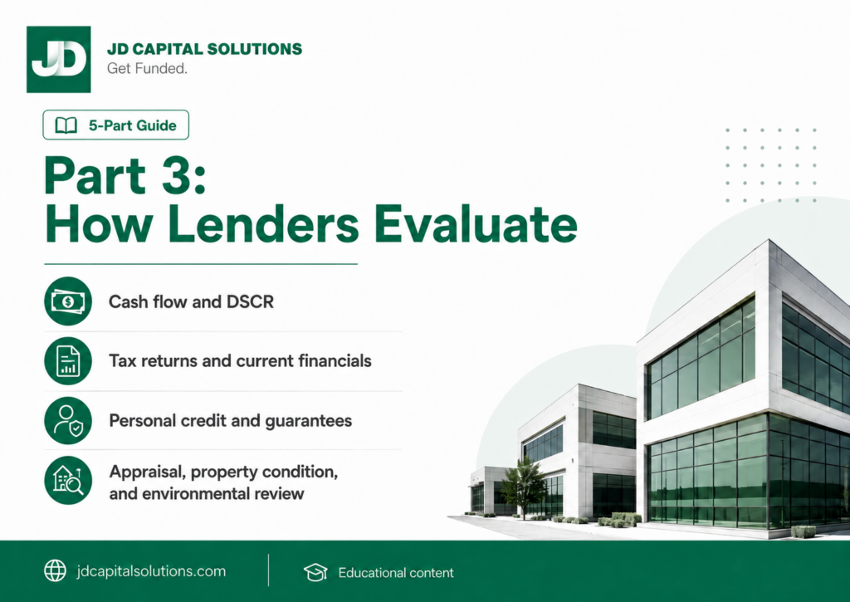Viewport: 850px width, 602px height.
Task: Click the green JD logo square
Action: [x=59, y=59]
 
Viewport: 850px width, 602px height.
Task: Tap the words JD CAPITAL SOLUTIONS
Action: [x=204, y=49]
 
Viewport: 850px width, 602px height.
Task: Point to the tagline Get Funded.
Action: [x=147, y=68]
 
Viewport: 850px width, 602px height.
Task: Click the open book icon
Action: [x=66, y=125]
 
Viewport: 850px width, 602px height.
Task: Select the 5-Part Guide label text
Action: [x=133, y=125]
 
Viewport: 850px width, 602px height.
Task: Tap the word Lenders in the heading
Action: [x=263, y=224]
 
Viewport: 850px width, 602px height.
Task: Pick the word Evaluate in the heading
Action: [x=476, y=224]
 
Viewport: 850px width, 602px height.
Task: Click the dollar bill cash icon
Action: [x=68, y=301]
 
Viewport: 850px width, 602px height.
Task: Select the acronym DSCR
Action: [x=250, y=301]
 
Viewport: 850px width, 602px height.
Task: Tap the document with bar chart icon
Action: [x=68, y=360]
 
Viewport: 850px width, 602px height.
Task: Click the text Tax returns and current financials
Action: [x=240, y=360]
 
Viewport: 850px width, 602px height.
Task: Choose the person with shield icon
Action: [x=68, y=420]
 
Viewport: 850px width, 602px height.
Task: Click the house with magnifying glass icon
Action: [x=68, y=480]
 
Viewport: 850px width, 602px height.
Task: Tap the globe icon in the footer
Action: [x=55, y=570]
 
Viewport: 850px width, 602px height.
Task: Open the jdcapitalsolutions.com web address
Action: [x=151, y=571]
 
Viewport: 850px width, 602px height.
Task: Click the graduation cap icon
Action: [x=315, y=572]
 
